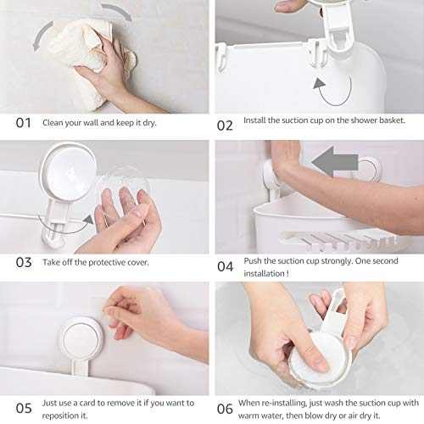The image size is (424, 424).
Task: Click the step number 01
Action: coord(24,122)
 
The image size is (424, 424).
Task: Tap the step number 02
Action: coord(224,124)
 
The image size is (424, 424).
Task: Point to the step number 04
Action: coord(224,266)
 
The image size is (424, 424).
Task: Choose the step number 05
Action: coord(24,408)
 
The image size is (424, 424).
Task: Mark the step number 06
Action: coord(224,408)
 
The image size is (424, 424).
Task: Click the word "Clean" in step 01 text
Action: coord(53,122)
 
